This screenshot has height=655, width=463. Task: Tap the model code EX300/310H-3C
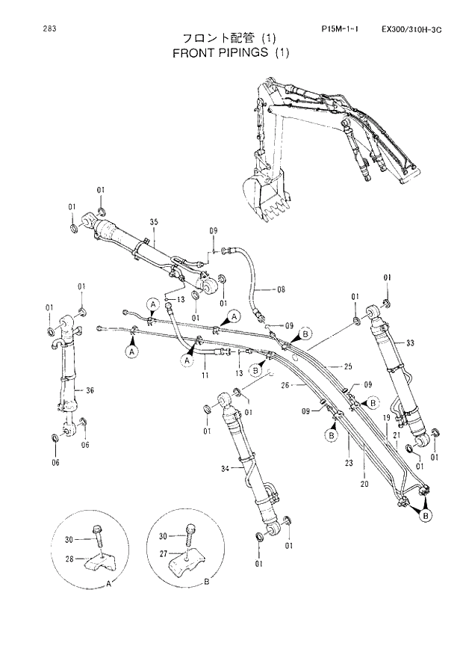coord(411,29)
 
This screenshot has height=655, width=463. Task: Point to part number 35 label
coord(155,222)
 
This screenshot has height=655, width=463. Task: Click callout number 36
coord(90,390)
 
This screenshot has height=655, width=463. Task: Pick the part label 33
coord(410,342)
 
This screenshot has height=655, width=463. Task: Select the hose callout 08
coord(281,289)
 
